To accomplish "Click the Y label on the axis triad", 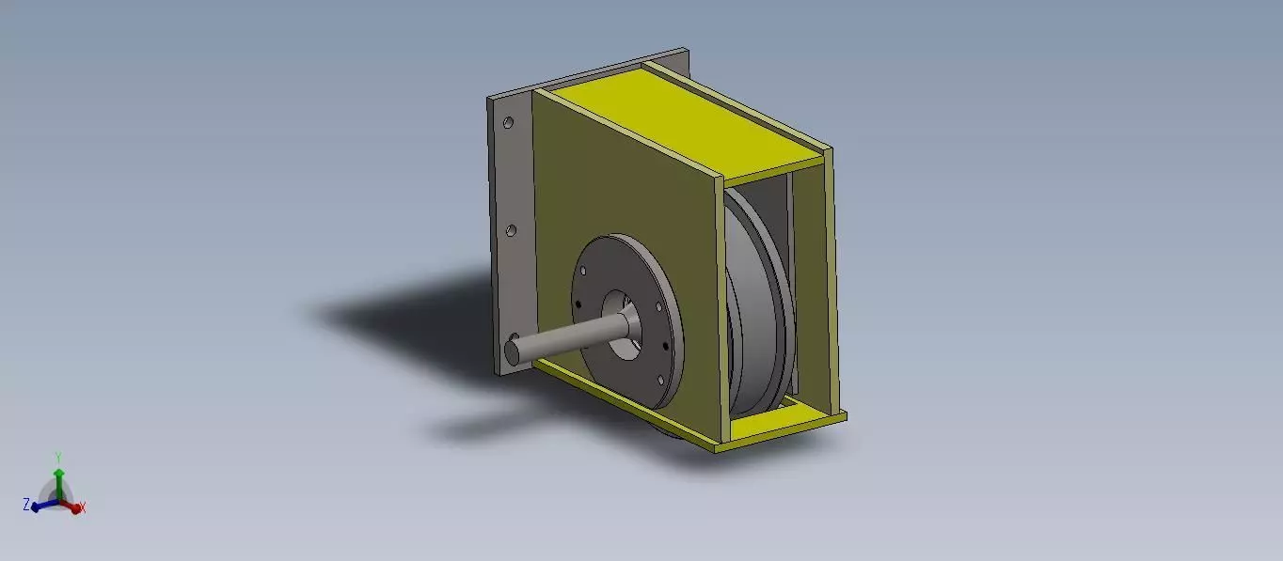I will pos(58,458).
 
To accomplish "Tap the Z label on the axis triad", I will pos(26,505).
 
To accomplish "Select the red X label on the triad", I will pos(83,507).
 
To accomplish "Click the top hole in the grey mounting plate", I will pos(508,123).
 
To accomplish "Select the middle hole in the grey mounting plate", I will pos(511,229).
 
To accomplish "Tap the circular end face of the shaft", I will pos(513,351).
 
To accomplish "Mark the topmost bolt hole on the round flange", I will pos(583,270).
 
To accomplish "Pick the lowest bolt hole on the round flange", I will pos(658,380).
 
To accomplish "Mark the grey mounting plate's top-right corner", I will pos(687,53).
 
